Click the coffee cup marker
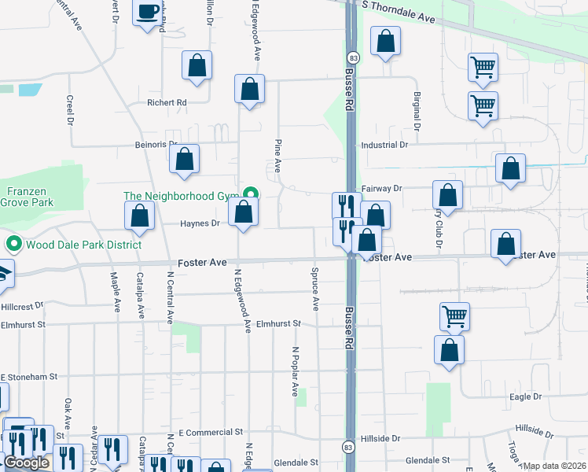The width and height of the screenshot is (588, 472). (147, 13)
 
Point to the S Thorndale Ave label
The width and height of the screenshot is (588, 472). (399, 17)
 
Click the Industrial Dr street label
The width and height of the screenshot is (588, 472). (384, 145)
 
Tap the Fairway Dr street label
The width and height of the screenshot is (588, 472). (381, 189)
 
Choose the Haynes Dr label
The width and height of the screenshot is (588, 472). (200, 223)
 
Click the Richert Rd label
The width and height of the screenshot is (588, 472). (167, 102)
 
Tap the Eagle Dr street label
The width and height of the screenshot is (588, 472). (526, 397)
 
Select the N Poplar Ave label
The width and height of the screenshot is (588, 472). (296, 371)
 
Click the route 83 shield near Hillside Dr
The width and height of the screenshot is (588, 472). (347, 448)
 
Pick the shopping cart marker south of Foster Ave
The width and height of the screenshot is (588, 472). (454, 316)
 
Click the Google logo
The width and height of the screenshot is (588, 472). (26, 463)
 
